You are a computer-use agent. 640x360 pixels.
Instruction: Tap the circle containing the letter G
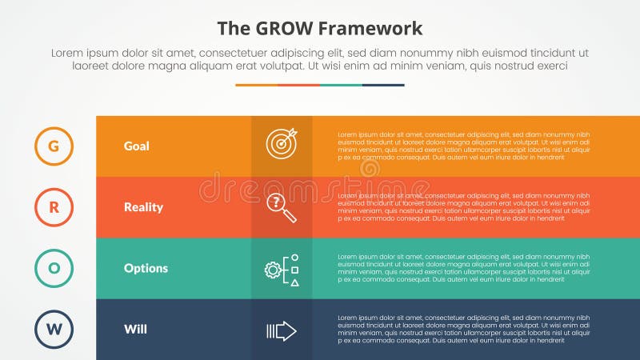54,146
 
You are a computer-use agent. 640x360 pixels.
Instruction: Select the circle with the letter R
54,207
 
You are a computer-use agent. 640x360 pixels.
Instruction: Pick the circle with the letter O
54,268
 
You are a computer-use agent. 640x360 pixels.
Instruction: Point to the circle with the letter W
54,329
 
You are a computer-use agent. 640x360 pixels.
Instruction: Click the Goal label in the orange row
137,146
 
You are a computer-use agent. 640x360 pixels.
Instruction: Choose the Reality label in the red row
143,207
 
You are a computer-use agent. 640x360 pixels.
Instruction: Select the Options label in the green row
146,268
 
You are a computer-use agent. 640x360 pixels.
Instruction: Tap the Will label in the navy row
134,329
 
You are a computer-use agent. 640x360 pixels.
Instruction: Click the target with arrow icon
282,144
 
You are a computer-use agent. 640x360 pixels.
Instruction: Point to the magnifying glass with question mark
281,207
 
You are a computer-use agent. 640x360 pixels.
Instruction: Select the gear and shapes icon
282,269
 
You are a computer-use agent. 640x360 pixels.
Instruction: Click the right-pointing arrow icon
281,330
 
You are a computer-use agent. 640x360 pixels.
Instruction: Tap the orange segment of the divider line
256,85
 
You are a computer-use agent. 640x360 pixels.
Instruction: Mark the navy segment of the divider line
383,85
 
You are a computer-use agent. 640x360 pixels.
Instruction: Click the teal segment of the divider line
341,85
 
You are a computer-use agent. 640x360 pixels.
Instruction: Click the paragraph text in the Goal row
464,146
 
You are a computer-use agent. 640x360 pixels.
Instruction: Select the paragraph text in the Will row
464,329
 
